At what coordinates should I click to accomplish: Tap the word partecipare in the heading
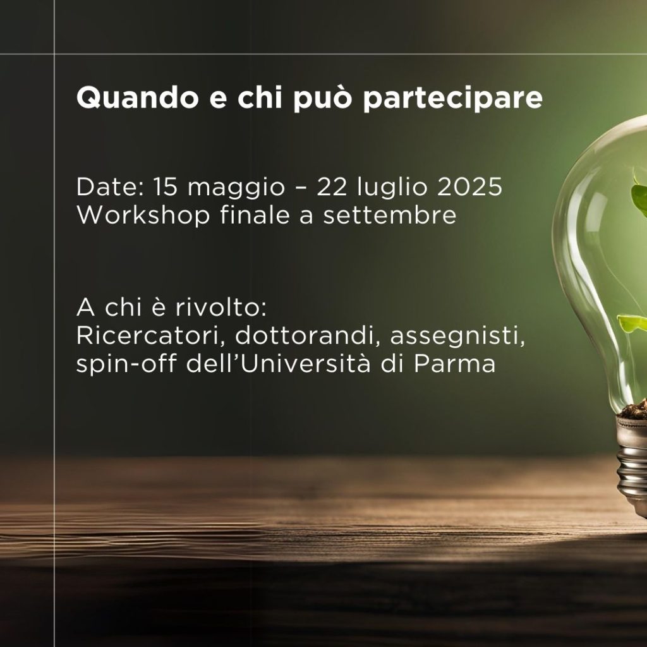coord(452,99)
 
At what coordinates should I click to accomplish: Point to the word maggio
coord(236,188)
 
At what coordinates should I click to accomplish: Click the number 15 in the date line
coord(166,186)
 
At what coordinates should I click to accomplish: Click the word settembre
coord(389,215)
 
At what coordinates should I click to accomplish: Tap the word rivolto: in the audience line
coord(221,308)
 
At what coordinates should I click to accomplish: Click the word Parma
coord(454,363)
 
